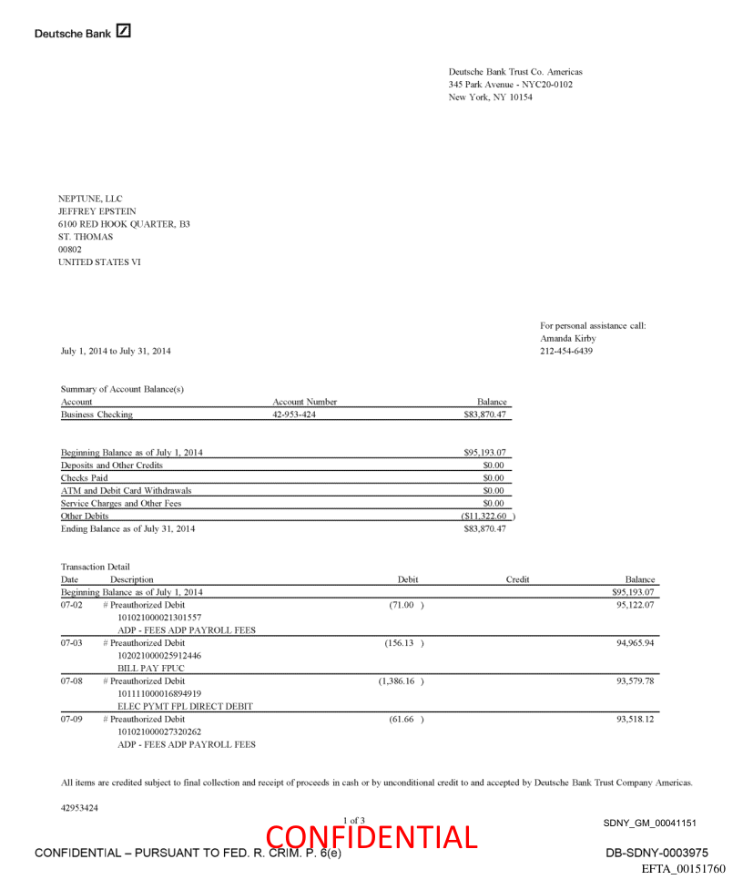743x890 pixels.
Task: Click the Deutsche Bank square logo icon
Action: (x=124, y=32)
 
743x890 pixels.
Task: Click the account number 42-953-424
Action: (x=294, y=414)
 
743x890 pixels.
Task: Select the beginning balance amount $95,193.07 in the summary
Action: (x=483, y=452)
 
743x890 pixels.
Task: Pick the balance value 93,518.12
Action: (x=636, y=720)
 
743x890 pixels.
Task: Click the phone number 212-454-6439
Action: (x=565, y=351)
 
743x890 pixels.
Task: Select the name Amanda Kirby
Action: (x=567, y=338)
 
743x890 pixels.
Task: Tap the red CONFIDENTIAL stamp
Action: (x=371, y=837)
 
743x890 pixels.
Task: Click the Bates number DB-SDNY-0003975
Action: (x=656, y=853)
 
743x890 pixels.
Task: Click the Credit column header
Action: (x=517, y=579)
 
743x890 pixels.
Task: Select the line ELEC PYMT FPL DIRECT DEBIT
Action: (x=185, y=706)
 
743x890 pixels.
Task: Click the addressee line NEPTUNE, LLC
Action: (x=90, y=199)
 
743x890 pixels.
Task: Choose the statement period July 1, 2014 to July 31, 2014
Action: (x=116, y=351)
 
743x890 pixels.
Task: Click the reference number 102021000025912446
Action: (x=159, y=656)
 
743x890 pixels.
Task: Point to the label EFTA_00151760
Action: (x=684, y=869)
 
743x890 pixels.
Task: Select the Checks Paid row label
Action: (x=84, y=477)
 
